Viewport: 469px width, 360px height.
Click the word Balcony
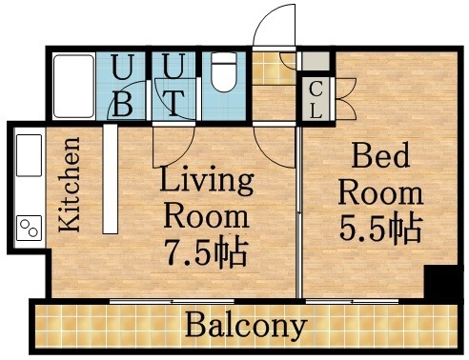tap(246, 327)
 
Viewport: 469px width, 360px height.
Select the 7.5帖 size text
tap(205, 252)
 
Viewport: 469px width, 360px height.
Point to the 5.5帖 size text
tap(380, 230)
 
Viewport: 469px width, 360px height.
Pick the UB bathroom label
tap(122, 86)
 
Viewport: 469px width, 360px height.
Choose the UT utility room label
tap(173, 86)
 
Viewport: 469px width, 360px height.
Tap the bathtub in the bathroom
tap(72, 86)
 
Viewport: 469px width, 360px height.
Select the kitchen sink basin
tap(29, 155)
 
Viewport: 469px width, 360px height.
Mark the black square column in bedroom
tap(439, 283)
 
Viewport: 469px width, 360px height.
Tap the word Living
tap(206, 179)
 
